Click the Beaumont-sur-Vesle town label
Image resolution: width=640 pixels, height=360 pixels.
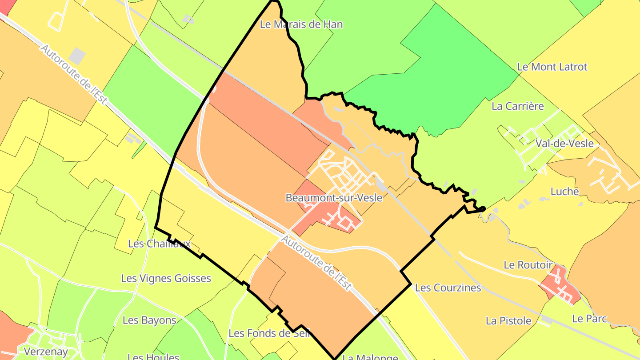pos(334,198)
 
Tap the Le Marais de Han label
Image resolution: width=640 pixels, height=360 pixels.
pos(301,24)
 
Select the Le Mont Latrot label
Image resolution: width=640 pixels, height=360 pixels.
pos(552,67)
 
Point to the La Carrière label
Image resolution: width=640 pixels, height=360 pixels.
pos(517,107)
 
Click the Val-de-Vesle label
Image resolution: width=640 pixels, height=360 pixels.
pos(564,143)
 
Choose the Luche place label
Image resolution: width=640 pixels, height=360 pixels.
pos(564,192)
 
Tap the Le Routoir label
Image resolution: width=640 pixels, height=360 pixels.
pos(528,265)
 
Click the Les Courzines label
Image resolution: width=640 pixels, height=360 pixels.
pos(448,288)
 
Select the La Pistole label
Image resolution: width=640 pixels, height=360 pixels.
pos(508,321)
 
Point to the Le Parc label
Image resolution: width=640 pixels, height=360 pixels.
pos(589,319)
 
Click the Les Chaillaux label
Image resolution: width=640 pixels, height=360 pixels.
pos(159,244)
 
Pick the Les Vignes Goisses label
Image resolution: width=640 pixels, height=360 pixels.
pos(166,279)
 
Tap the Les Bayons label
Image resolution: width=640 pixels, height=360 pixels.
pos(149,320)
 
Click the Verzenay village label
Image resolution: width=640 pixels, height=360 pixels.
pos(46,352)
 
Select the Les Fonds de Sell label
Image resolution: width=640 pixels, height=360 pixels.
pos(268,333)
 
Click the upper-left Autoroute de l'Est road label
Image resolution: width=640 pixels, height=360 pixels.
pos(73,74)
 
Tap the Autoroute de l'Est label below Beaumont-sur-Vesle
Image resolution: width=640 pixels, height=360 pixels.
pos(316,263)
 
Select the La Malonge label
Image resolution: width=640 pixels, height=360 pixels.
pos(370,357)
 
